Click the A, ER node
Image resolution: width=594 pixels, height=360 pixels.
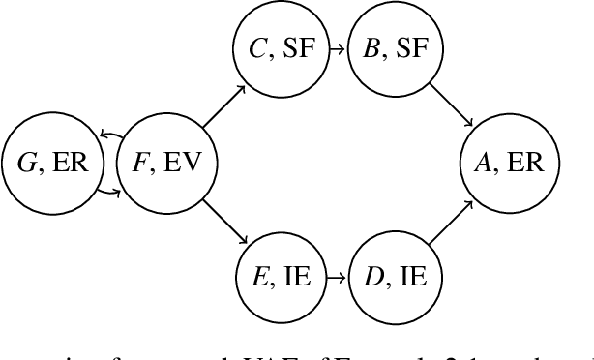coord(504,163)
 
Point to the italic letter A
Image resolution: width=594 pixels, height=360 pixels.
coord(481,163)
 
